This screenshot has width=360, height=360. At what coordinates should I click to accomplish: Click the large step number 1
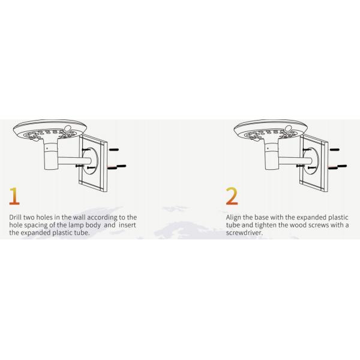point(14,196)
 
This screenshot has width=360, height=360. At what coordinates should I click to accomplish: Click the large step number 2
point(232,196)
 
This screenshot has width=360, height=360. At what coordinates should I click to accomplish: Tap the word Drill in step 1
point(15,217)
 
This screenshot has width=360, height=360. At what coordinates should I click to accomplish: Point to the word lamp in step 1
point(76,225)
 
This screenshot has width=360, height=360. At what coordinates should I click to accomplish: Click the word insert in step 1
point(127,225)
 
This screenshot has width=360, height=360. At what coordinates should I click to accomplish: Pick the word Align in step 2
point(233,217)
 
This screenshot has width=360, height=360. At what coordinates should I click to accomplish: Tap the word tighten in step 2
point(266,225)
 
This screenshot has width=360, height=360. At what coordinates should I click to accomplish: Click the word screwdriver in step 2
point(244,233)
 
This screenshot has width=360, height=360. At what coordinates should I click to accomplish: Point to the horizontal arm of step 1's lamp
point(74,160)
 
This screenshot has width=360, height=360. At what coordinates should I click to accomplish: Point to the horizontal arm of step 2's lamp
point(295,160)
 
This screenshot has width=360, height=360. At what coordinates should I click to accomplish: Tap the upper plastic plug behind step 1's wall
point(114,149)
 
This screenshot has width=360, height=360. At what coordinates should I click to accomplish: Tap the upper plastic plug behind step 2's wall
point(335,149)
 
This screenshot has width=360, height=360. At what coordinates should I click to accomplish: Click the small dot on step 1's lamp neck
point(47,149)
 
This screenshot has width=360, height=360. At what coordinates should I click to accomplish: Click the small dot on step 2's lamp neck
point(268,149)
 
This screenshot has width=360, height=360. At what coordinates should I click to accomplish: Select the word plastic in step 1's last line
point(62,233)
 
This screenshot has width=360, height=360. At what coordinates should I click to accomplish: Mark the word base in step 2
point(262,217)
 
